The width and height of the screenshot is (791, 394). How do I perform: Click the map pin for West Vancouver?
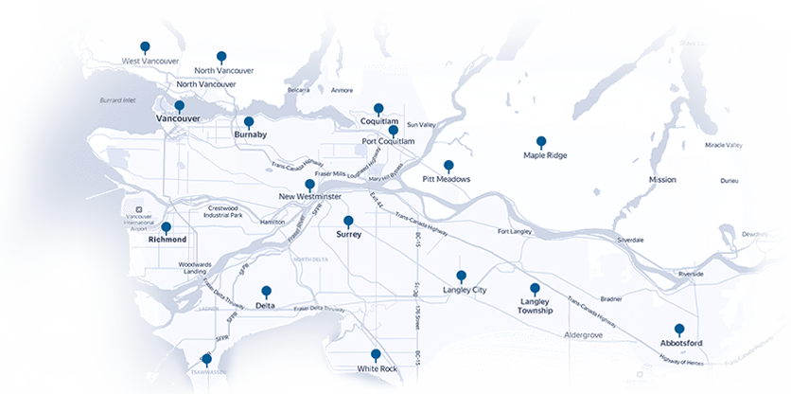tap(145, 46)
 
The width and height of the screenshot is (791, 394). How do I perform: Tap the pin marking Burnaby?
tap(249, 122)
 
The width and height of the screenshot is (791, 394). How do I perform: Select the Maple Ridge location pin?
tap(541, 141)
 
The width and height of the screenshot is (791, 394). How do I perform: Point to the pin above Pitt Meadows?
tap(448, 165)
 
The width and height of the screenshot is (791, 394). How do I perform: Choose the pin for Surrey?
tap(348, 221)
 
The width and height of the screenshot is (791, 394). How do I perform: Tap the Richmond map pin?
tap(166, 227)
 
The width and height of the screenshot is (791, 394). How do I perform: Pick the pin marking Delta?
tap(266, 292)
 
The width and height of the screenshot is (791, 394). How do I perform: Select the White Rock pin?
tap(376, 354)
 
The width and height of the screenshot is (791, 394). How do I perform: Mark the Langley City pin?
tap(462, 277)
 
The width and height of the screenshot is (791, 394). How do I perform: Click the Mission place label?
tap(662, 179)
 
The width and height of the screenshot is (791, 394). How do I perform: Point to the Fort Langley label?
tap(517, 231)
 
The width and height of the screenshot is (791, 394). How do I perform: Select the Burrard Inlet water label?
tap(119, 99)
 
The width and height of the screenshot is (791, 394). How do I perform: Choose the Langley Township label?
tap(536, 306)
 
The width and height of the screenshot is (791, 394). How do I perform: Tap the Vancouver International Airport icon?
tap(139, 208)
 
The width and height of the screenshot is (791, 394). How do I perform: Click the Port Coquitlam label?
tap(388, 141)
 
